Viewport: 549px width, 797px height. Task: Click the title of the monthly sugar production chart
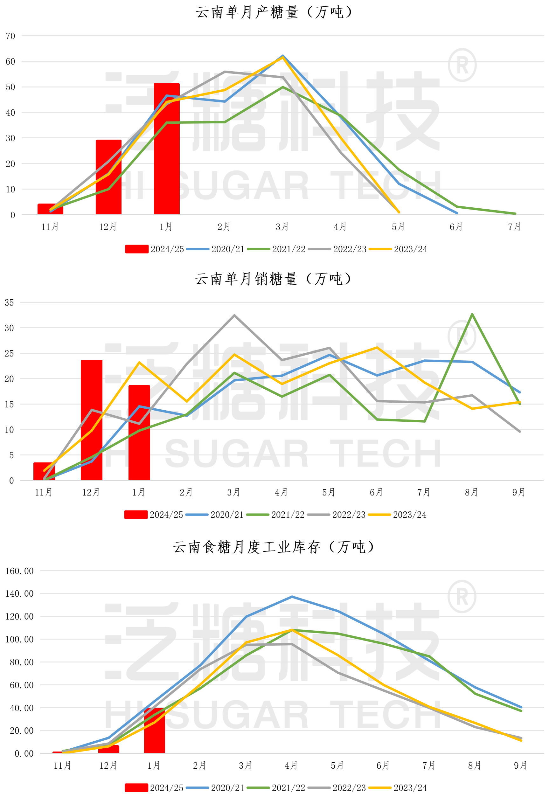pyautogui.click(x=274, y=12)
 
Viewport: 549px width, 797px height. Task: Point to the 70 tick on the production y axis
pyautogui.click(x=10, y=36)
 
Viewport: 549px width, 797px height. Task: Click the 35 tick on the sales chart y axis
pyautogui.click(x=9, y=303)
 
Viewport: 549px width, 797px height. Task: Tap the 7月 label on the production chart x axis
pyautogui.click(x=514, y=227)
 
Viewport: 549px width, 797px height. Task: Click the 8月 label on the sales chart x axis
pyautogui.click(x=471, y=493)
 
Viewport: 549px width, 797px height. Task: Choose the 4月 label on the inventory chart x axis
pyautogui.click(x=291, y=766)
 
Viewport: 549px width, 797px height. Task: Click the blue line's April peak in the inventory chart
pyautogui.click(x=292, y=597)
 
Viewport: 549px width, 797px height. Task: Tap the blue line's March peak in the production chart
pyautogui.click(x=283, y=56)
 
